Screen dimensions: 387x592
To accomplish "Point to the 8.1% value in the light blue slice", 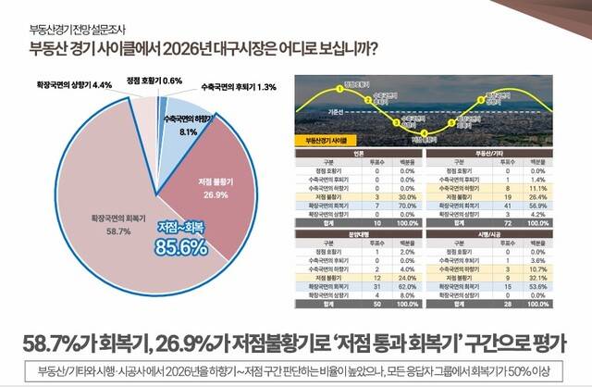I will [189, 132].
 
